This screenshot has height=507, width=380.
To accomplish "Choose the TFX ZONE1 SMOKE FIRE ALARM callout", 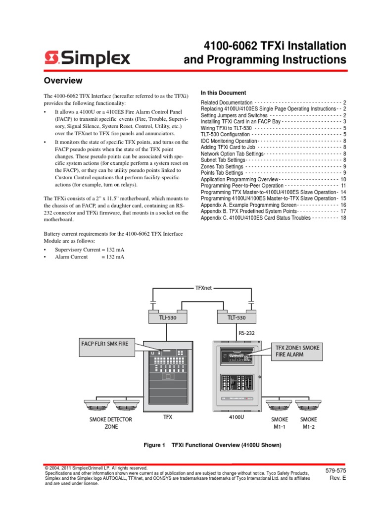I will coord(297,352).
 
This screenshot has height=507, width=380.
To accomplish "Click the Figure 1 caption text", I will coord(212,445).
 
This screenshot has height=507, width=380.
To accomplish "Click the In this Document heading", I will coord(223,93).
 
